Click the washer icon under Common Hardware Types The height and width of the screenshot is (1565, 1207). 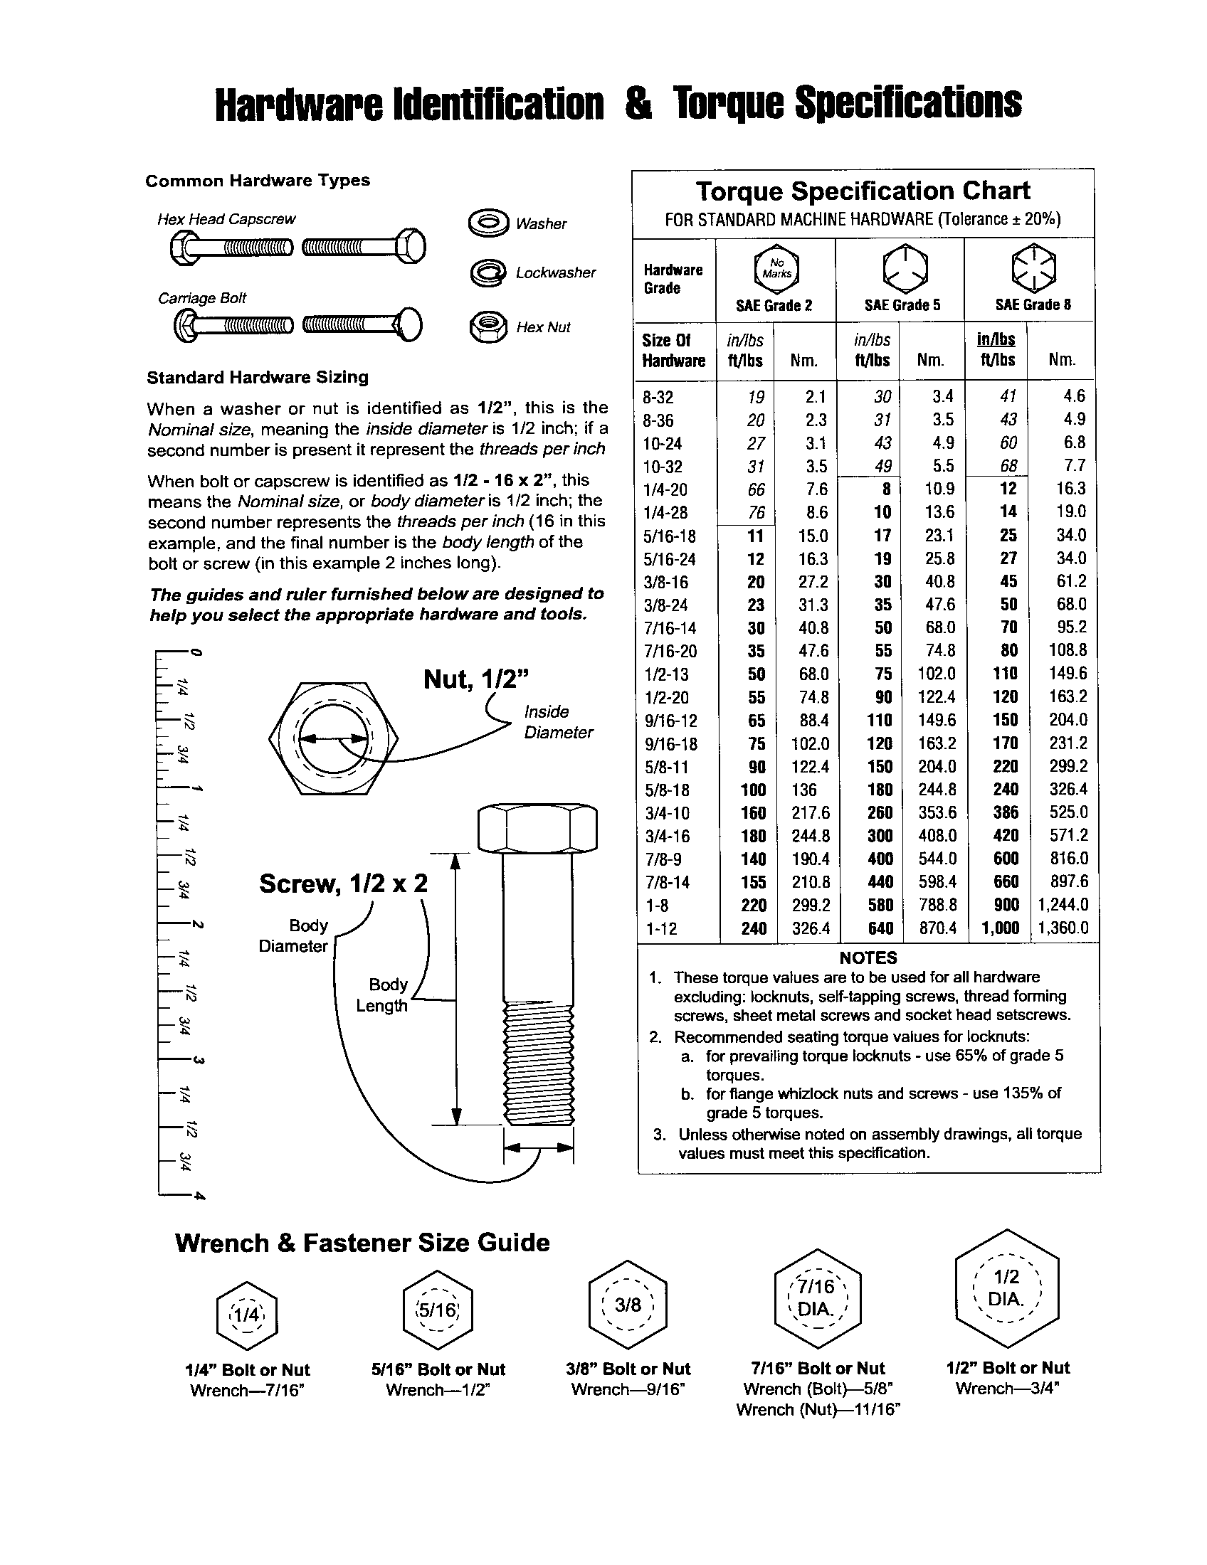click(x=488, y=223)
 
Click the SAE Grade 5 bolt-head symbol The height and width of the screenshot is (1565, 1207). click(x=905, y=268)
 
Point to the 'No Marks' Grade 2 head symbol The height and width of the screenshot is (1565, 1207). click(x=776, y=269)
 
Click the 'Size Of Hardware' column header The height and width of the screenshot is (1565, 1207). click(x=673, y=351)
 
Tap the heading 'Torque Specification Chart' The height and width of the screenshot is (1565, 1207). click(x=863, y=191)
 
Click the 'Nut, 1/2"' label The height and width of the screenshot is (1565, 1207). click(x=476, y=679)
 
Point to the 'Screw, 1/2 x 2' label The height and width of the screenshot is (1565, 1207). click(x=343, y=884)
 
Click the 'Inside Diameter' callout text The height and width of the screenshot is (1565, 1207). click(x=558, y=721)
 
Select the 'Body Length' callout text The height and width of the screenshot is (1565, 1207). click(x=383, y=994)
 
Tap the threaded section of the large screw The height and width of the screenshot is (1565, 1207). click(x=537, y=1063)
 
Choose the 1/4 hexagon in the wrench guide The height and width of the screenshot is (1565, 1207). click(x=246, y=1314)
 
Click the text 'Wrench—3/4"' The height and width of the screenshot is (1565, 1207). click(x=1007, y=1389)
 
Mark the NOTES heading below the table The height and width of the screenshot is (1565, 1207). click(x=868, y=957)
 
